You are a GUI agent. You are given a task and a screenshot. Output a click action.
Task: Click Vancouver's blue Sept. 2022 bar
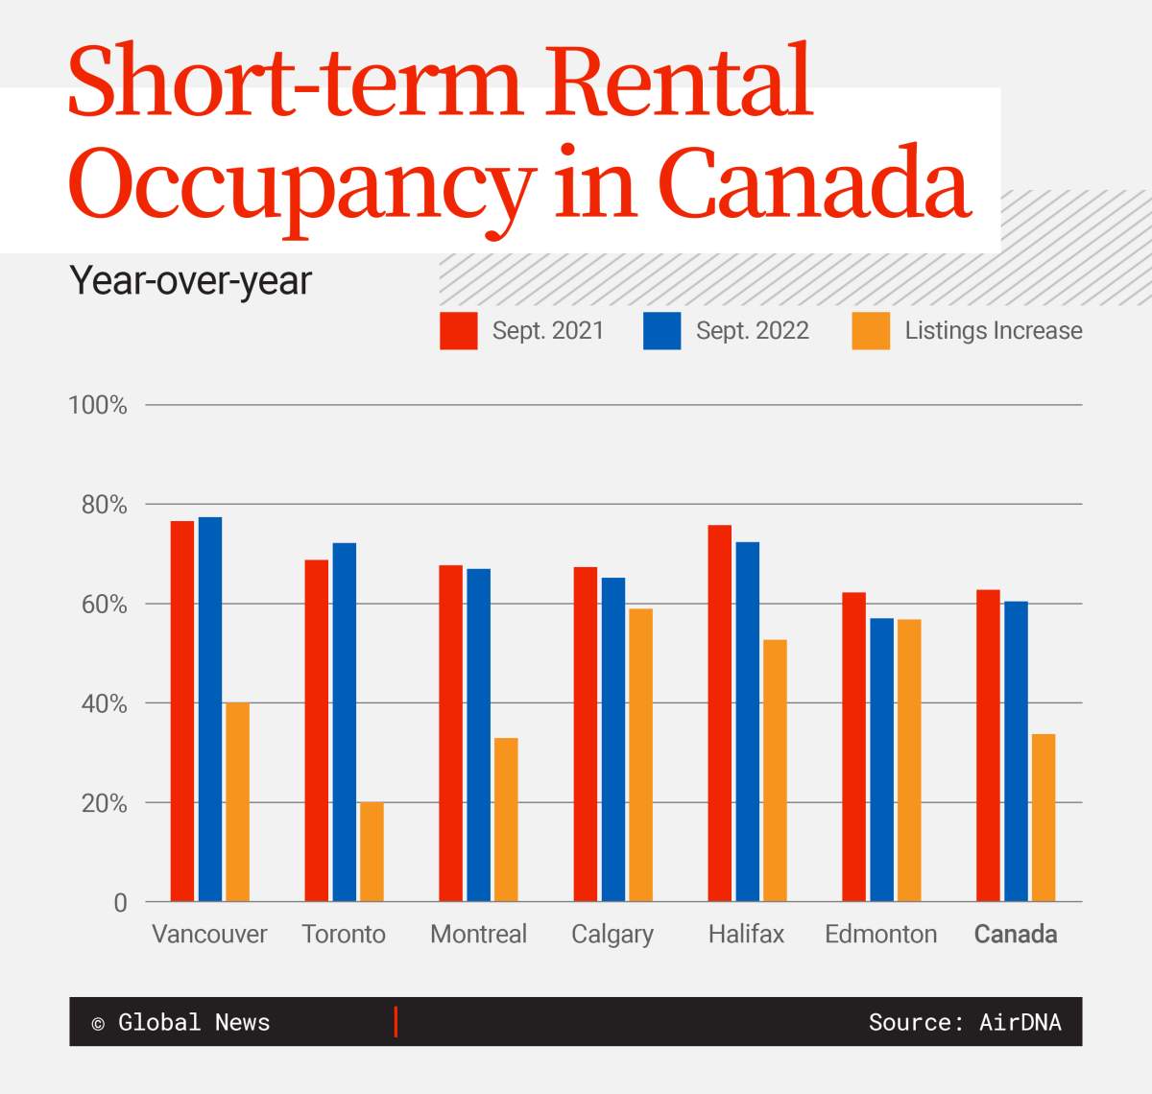[209, 709]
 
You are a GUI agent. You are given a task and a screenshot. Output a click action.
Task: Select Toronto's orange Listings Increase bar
[372, 851]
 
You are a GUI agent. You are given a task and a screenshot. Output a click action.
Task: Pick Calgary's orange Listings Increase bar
[640, 754]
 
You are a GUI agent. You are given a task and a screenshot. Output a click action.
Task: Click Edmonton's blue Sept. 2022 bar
[881, 759]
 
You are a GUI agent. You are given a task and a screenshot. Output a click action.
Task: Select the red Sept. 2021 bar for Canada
[988, 746]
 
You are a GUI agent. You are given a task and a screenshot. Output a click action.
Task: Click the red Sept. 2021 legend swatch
[459, 331]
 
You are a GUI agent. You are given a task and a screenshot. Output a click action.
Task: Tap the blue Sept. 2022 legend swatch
[661, 331]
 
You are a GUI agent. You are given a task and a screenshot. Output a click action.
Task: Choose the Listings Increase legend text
[993, 331]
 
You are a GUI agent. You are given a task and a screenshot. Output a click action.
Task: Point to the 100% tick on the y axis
[97, 405]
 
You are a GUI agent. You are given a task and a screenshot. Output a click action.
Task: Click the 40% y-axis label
[104, 703]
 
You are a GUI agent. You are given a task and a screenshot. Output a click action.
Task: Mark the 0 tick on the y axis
[120, 902]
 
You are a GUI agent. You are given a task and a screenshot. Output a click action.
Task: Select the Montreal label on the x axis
[478, 934]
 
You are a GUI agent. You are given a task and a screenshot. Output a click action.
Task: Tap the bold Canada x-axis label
[1016, 934]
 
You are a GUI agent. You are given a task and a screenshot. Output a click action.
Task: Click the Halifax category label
[746, 934]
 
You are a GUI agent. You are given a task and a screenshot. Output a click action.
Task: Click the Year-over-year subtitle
[191, 280]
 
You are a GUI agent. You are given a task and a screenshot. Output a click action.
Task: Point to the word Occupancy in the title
[300, 182]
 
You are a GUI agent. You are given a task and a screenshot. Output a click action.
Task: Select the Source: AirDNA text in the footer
[964, 1022]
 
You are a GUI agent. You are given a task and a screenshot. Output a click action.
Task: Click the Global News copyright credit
[181, 1022]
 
